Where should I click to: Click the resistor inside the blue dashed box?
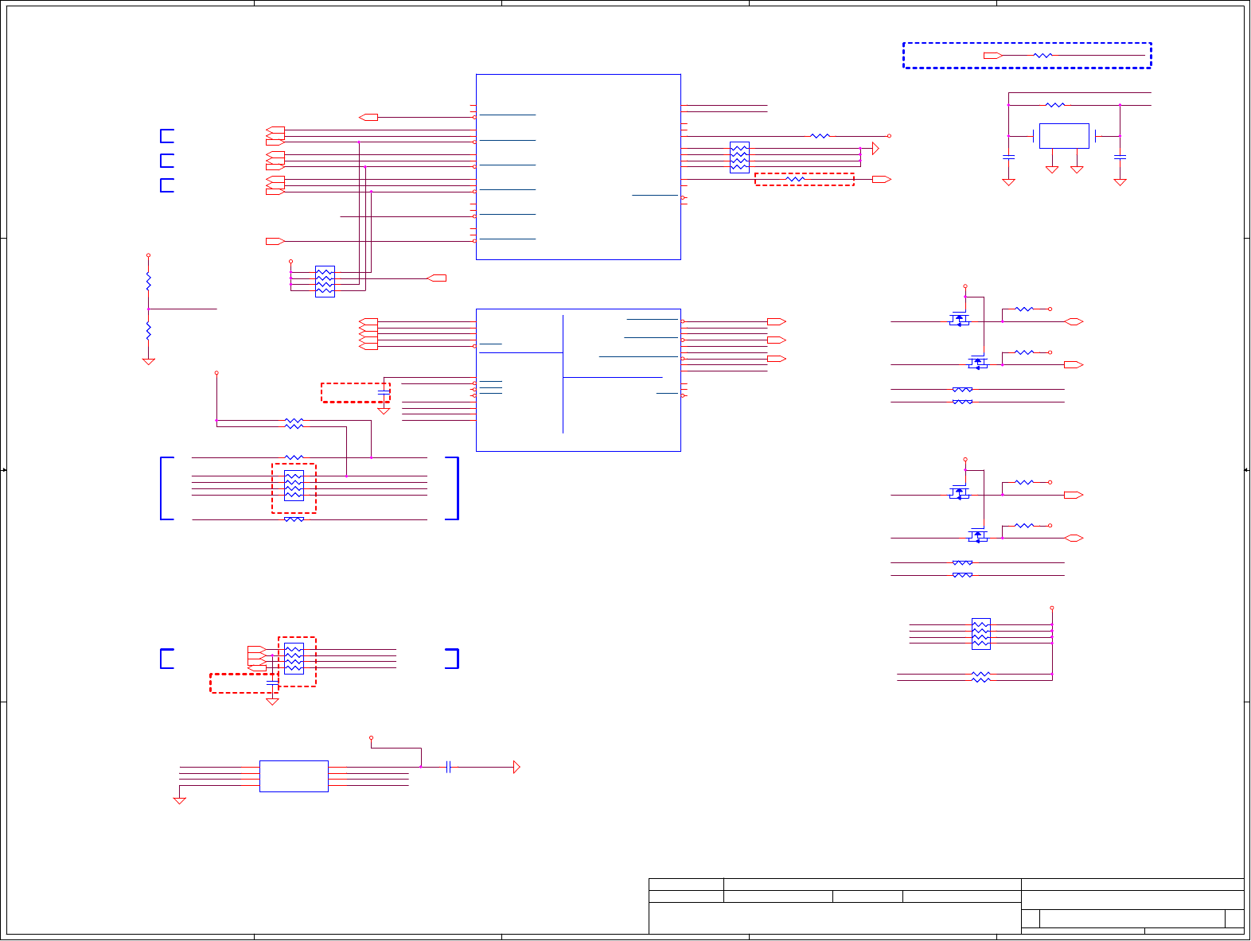[x=1042, y=56]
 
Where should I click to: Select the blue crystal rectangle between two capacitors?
[x=1064, y=136]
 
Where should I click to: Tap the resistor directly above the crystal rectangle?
[x=1055, y=105]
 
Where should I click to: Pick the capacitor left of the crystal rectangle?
[x=1008, y=157]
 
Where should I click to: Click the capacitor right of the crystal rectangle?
[x=1120, y=157]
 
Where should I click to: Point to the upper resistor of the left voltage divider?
[x=148, y=281]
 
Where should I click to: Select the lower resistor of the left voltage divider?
[x=148, y=330]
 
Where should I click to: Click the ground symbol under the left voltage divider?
[x=148, y=362]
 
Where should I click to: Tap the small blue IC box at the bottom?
[x=294, y=776]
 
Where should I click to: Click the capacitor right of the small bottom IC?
[x=449, y=767]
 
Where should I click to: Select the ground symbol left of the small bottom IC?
[x=180, y=800]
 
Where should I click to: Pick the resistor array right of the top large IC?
[x=739, y=157]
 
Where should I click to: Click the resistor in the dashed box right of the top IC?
[x=795, y=180]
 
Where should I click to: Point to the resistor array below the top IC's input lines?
[x=325, y=281]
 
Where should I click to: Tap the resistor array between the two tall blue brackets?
[x=294, y=485]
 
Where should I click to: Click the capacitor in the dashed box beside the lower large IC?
[x=384, y=393]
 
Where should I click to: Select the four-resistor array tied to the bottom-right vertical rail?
[x=981, y=634]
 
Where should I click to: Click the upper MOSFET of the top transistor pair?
[x=960, y=320]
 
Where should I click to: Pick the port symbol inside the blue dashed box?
[x=992, y=56]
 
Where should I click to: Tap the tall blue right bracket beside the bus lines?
[x=454, y=488]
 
